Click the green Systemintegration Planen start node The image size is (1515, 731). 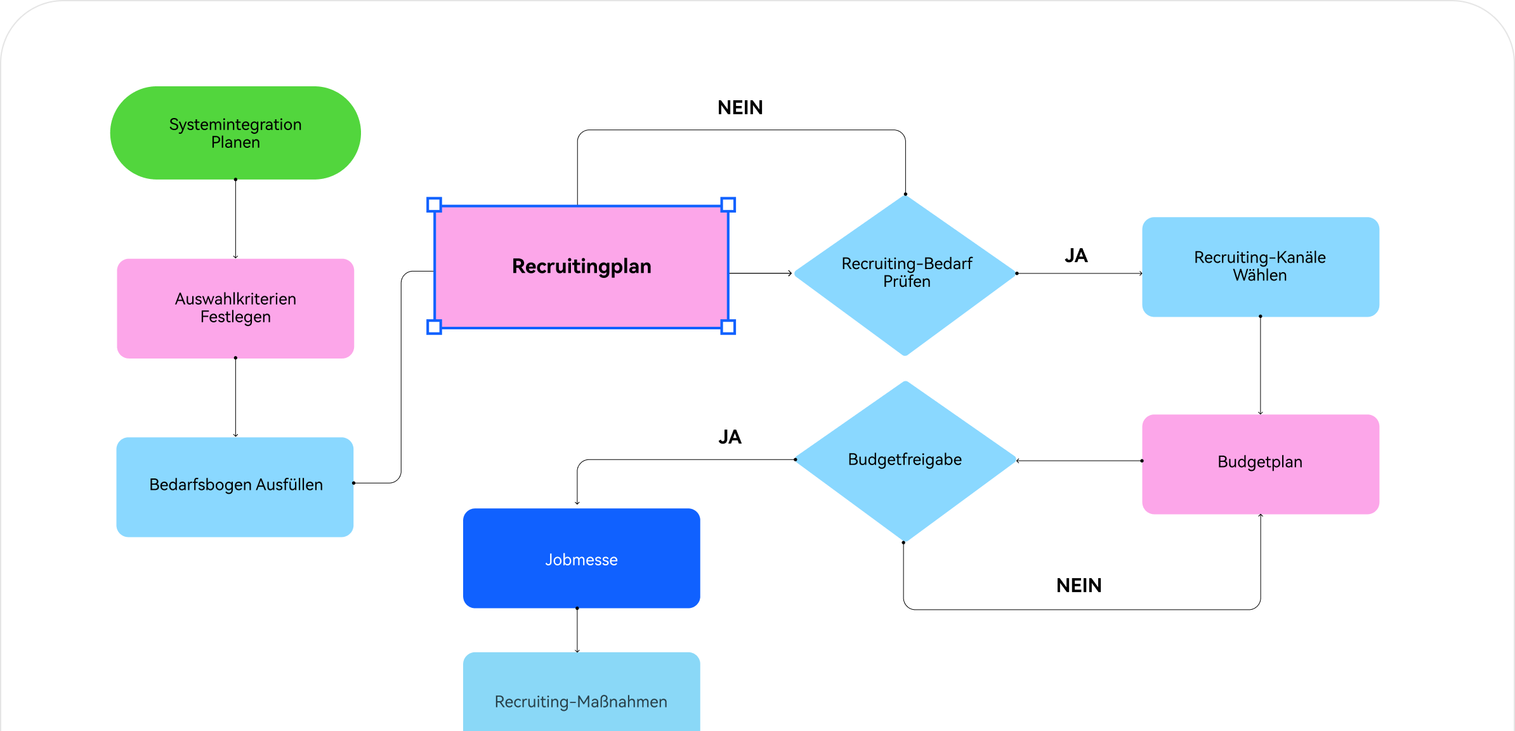pos(235,133)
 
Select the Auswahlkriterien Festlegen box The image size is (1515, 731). pos(235,308)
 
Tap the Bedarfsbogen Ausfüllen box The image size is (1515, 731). pos(235,486)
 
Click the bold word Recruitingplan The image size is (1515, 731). pos(581,267)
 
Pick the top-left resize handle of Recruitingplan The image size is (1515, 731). pos(434,204)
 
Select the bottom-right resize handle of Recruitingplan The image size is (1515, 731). pos(728,327)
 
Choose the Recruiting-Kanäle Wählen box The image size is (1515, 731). pos(1260,267)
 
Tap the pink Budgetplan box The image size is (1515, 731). pos(1260,463)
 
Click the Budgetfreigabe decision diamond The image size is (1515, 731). pos(905,460)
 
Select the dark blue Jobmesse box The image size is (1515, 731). pos(581,558)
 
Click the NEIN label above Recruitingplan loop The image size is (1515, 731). pos(740,108)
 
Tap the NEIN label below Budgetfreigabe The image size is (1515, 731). pos(1079,585)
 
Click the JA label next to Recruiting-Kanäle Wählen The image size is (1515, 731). pos(1076,256)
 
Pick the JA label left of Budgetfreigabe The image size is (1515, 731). pos(730,437)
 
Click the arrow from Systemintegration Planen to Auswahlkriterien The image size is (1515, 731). pos(235,219)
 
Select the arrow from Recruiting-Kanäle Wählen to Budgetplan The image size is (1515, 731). pos(1260,365)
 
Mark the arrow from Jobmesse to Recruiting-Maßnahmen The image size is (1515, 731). pos(577,630)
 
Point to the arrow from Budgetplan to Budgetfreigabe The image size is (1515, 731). pos(1079,461)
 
